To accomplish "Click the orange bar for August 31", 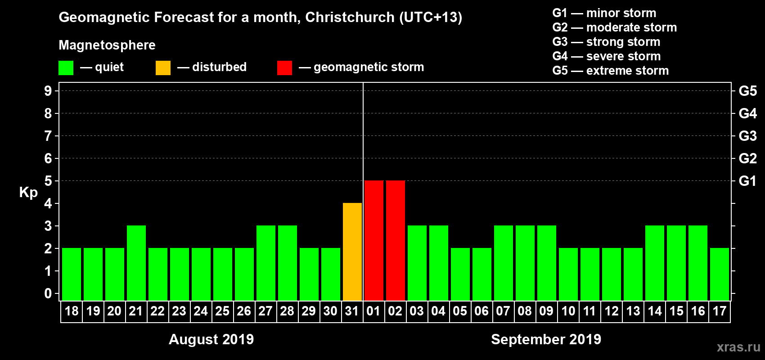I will point(352,252).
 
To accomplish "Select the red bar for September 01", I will point(374,240).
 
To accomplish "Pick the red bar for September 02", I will point(396,240).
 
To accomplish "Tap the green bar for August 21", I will point(136,263).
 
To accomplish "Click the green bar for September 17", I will point(720,274).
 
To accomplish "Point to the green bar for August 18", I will point(72,274).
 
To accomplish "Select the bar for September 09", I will point(547,263).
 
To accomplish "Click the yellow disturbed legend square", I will point(163,68).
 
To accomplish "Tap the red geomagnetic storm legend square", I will point(284,68).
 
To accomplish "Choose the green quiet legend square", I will point(66,68).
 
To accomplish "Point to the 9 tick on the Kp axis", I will point(48,91).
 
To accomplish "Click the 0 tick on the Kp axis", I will point(48,293).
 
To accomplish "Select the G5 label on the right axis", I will point(747,91).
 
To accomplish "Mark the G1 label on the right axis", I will point(747,181).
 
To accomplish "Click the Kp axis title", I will point(28,192).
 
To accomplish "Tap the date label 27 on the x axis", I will point(265,311).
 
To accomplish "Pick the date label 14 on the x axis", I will point(654,311).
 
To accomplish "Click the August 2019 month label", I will point(211,339).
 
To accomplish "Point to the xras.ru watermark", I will point(738,347).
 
